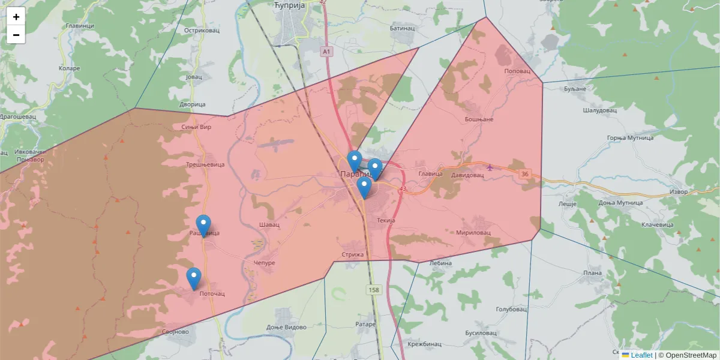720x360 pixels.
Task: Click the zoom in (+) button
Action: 16,17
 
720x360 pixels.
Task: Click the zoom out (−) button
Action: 16,35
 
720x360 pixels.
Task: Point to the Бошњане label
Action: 479,119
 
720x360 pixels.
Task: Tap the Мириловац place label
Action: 473,232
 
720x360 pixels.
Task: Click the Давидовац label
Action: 467,175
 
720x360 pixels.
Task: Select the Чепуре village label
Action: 264,263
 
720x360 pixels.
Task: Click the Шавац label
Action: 269,224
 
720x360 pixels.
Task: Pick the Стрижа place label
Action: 353,254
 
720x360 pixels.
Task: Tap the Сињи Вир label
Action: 196,127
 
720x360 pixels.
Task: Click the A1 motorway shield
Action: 326,52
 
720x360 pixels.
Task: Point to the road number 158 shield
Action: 374,290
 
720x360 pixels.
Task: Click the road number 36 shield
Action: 526,175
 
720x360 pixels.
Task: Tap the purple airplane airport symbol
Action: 490,167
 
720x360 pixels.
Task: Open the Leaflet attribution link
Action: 641,355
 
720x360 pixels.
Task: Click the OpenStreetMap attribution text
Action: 690,355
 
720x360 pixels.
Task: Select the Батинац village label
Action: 402,28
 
